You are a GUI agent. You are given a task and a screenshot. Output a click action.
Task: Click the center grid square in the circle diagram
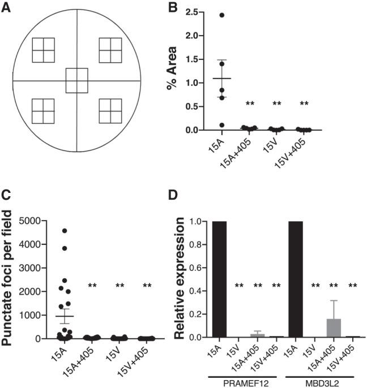[76, 80]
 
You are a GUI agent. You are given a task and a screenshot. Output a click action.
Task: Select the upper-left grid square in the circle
[43, 50]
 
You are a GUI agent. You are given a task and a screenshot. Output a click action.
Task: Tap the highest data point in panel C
[65, 230]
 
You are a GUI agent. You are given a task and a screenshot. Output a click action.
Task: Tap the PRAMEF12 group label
[244, 381]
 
